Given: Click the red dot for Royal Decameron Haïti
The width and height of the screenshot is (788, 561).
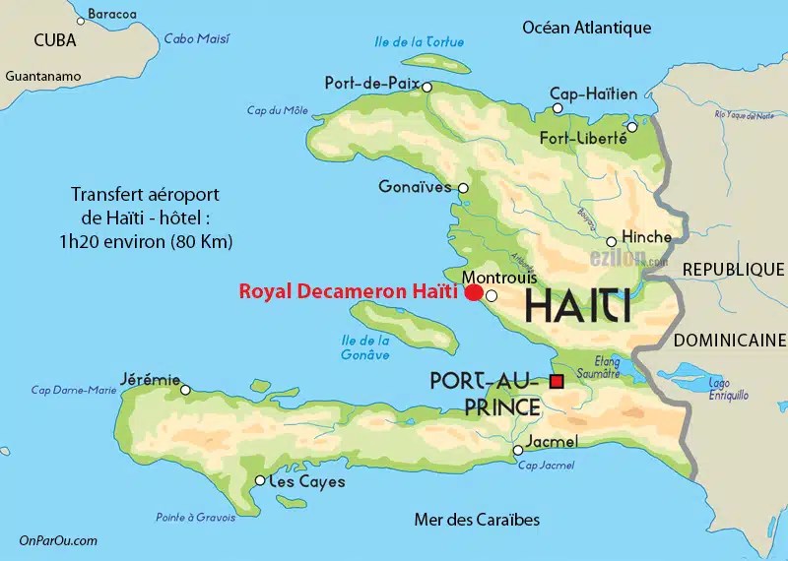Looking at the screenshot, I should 474,292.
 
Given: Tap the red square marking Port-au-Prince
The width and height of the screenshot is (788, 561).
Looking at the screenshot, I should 557,382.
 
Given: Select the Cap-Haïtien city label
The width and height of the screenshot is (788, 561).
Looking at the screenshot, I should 593,94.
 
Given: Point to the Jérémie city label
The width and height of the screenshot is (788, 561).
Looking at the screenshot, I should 150,378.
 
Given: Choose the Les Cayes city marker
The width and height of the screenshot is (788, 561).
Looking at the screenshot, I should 260,481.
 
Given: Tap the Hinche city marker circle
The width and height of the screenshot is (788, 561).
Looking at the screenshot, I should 612,241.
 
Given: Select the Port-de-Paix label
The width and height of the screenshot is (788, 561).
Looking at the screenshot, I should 372,84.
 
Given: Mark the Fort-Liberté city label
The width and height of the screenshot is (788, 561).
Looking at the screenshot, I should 581,138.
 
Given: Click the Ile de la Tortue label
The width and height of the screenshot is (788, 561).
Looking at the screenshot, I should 420,41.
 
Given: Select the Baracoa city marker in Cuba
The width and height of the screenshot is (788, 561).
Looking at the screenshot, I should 81,21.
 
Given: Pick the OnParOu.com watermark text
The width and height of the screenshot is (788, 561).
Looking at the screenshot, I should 58,540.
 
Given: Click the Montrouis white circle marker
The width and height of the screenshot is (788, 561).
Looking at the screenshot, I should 492,294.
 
